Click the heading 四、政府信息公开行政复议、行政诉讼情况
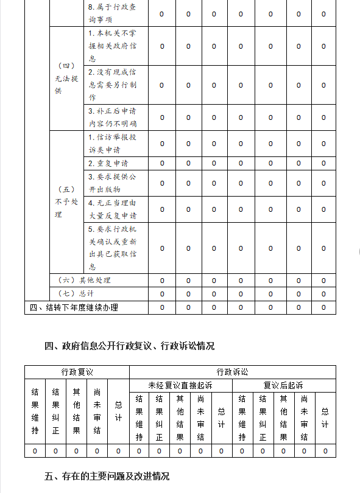(129, 346)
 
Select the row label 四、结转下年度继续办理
(74, 307)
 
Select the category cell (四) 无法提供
(66, 79)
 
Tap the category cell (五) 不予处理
(66, 202)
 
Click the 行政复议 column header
(77, 372)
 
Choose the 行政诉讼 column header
(232, 372)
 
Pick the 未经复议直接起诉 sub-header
(180, 385)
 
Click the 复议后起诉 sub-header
(283, 385)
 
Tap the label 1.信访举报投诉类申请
(113, 144)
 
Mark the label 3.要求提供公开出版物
(113, 183)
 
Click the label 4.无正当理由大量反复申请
(113, 209)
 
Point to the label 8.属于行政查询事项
(113, 13)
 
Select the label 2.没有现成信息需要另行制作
(113, 85)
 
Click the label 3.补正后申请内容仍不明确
(113, 117)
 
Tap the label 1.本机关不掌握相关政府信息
(113, 46)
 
